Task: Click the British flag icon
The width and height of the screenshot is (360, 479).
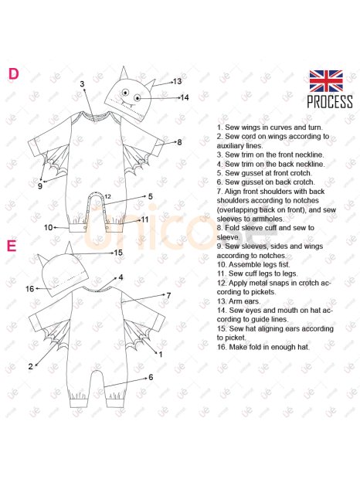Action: (326, 81)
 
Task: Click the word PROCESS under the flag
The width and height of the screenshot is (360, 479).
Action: (330, 102)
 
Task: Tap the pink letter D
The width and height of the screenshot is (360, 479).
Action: (13, 74)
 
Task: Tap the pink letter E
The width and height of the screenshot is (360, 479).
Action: (12, 246)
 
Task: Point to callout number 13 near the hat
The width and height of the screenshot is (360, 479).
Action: (177, 81)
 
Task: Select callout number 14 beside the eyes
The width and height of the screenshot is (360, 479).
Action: (185, 97)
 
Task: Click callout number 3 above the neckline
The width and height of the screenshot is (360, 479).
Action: (82, 84)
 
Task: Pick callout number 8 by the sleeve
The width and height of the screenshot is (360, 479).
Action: (179, 142)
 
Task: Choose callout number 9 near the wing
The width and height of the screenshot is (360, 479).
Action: (40, 185)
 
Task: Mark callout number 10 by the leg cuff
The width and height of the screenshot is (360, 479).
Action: (48, 228)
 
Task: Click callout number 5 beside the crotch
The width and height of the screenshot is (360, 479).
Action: (150, 196)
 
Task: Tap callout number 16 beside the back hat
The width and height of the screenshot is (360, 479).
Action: (29, 289)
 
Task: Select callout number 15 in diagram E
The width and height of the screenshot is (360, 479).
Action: (118, 253)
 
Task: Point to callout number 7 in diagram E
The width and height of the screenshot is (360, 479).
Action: (168, 295)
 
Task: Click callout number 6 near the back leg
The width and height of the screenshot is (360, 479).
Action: (151, 377)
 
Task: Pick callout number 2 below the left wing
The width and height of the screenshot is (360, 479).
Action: (31, 366)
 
